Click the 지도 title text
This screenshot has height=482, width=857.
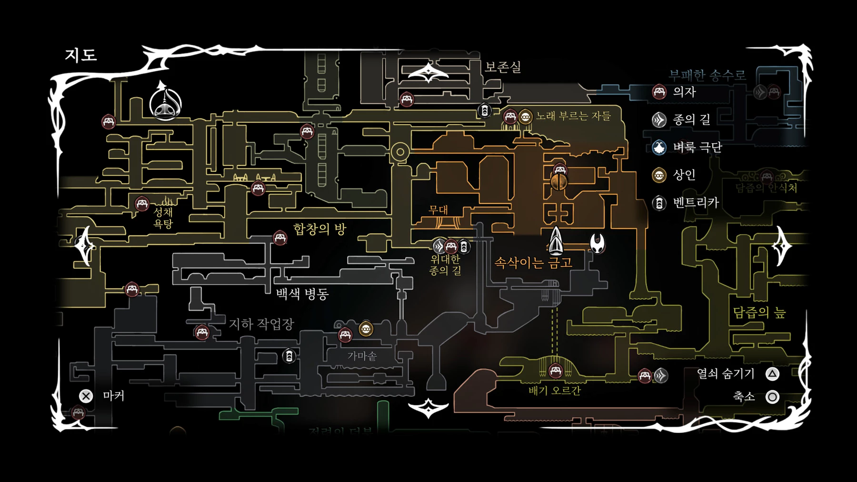pos(81,55)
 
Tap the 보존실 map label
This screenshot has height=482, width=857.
pos(503,67)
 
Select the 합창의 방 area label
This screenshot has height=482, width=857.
pos(319,229)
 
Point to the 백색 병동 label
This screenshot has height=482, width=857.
pos(302,294)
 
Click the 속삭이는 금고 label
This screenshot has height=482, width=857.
pos(533,263)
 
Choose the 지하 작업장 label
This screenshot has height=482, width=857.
pos(261,325)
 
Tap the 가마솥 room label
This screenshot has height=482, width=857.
pos(362,356)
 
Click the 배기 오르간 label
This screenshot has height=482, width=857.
pos(555,391)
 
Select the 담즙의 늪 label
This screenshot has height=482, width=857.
pos(759,313)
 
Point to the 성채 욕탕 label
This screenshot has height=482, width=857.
pos(163,218)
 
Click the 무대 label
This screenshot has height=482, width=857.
pos(438,210)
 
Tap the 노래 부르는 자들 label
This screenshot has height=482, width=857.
pos(573,116)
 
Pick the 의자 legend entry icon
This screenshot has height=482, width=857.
pos(659,92)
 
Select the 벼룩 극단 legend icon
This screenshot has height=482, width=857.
pos(659,148)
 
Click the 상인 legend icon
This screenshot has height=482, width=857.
pos(659,176)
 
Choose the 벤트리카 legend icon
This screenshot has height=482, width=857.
pos(659,203)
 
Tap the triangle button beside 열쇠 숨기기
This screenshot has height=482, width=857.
pos(772,374)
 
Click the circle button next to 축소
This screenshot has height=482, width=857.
pos(772,397)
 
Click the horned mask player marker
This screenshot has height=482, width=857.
pos(597,243)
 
